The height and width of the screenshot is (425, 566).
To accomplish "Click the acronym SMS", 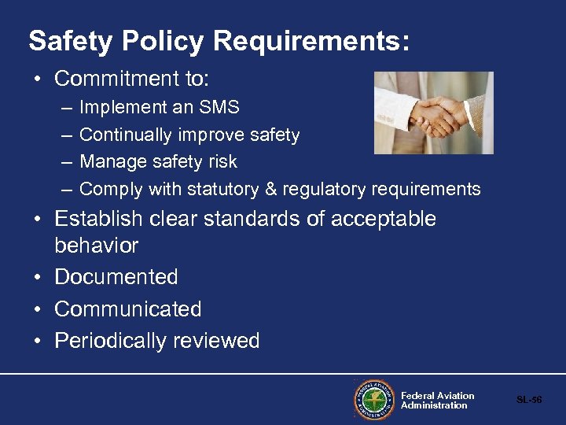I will (x=219, y=107).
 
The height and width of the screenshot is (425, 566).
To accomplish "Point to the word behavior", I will (x=96, y=246).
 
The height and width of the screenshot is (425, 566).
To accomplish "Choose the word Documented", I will (x=116, y=277).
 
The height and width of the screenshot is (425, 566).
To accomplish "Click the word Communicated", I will (x=128, y=309).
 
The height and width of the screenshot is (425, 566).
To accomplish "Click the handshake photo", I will (x=433, y=113).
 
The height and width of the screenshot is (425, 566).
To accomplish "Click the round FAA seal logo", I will (x=373, y=400).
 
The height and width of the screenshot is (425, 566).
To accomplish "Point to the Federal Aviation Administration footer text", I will (x=437, y=401).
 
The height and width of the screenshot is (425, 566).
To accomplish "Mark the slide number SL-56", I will (x=529, y=400).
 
